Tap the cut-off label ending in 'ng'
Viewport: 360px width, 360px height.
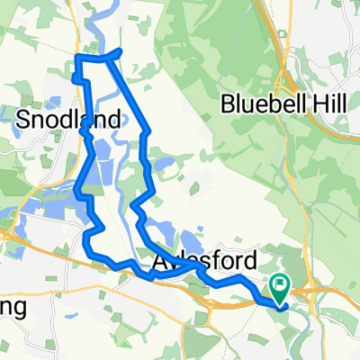tap(16, 306)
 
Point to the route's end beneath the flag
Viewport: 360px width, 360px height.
tap(282, 304)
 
